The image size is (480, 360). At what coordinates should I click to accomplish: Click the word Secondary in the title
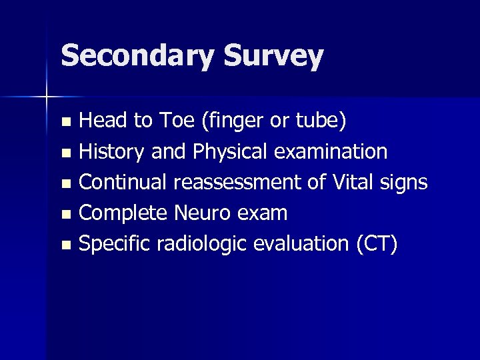[x=136, y=56]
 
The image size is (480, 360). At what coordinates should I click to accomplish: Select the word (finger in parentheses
[x=222, y=121]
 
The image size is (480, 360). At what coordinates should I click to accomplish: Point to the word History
[x=112, y=152]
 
